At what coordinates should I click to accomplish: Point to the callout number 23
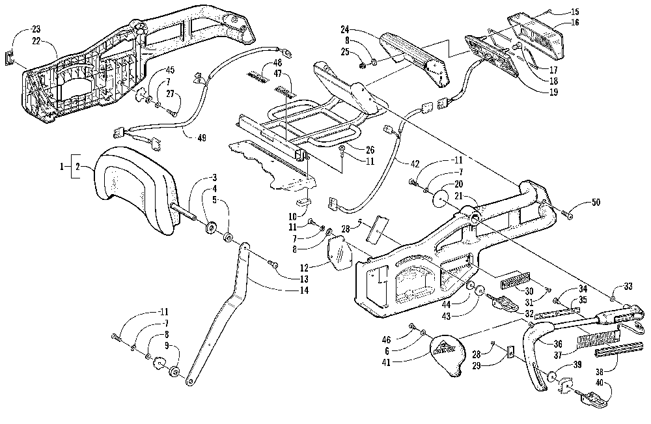[35, 29]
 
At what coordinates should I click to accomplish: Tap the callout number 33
[629, 287]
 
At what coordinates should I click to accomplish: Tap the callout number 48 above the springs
[277, 63]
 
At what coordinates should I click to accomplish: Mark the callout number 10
[293, 215]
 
